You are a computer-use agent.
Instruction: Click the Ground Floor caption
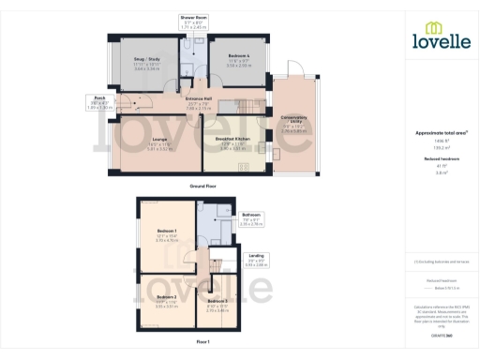coord(204,187)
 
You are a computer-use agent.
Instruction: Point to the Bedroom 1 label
coord(168,231)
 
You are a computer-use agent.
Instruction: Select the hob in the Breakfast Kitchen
coord(242,165)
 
